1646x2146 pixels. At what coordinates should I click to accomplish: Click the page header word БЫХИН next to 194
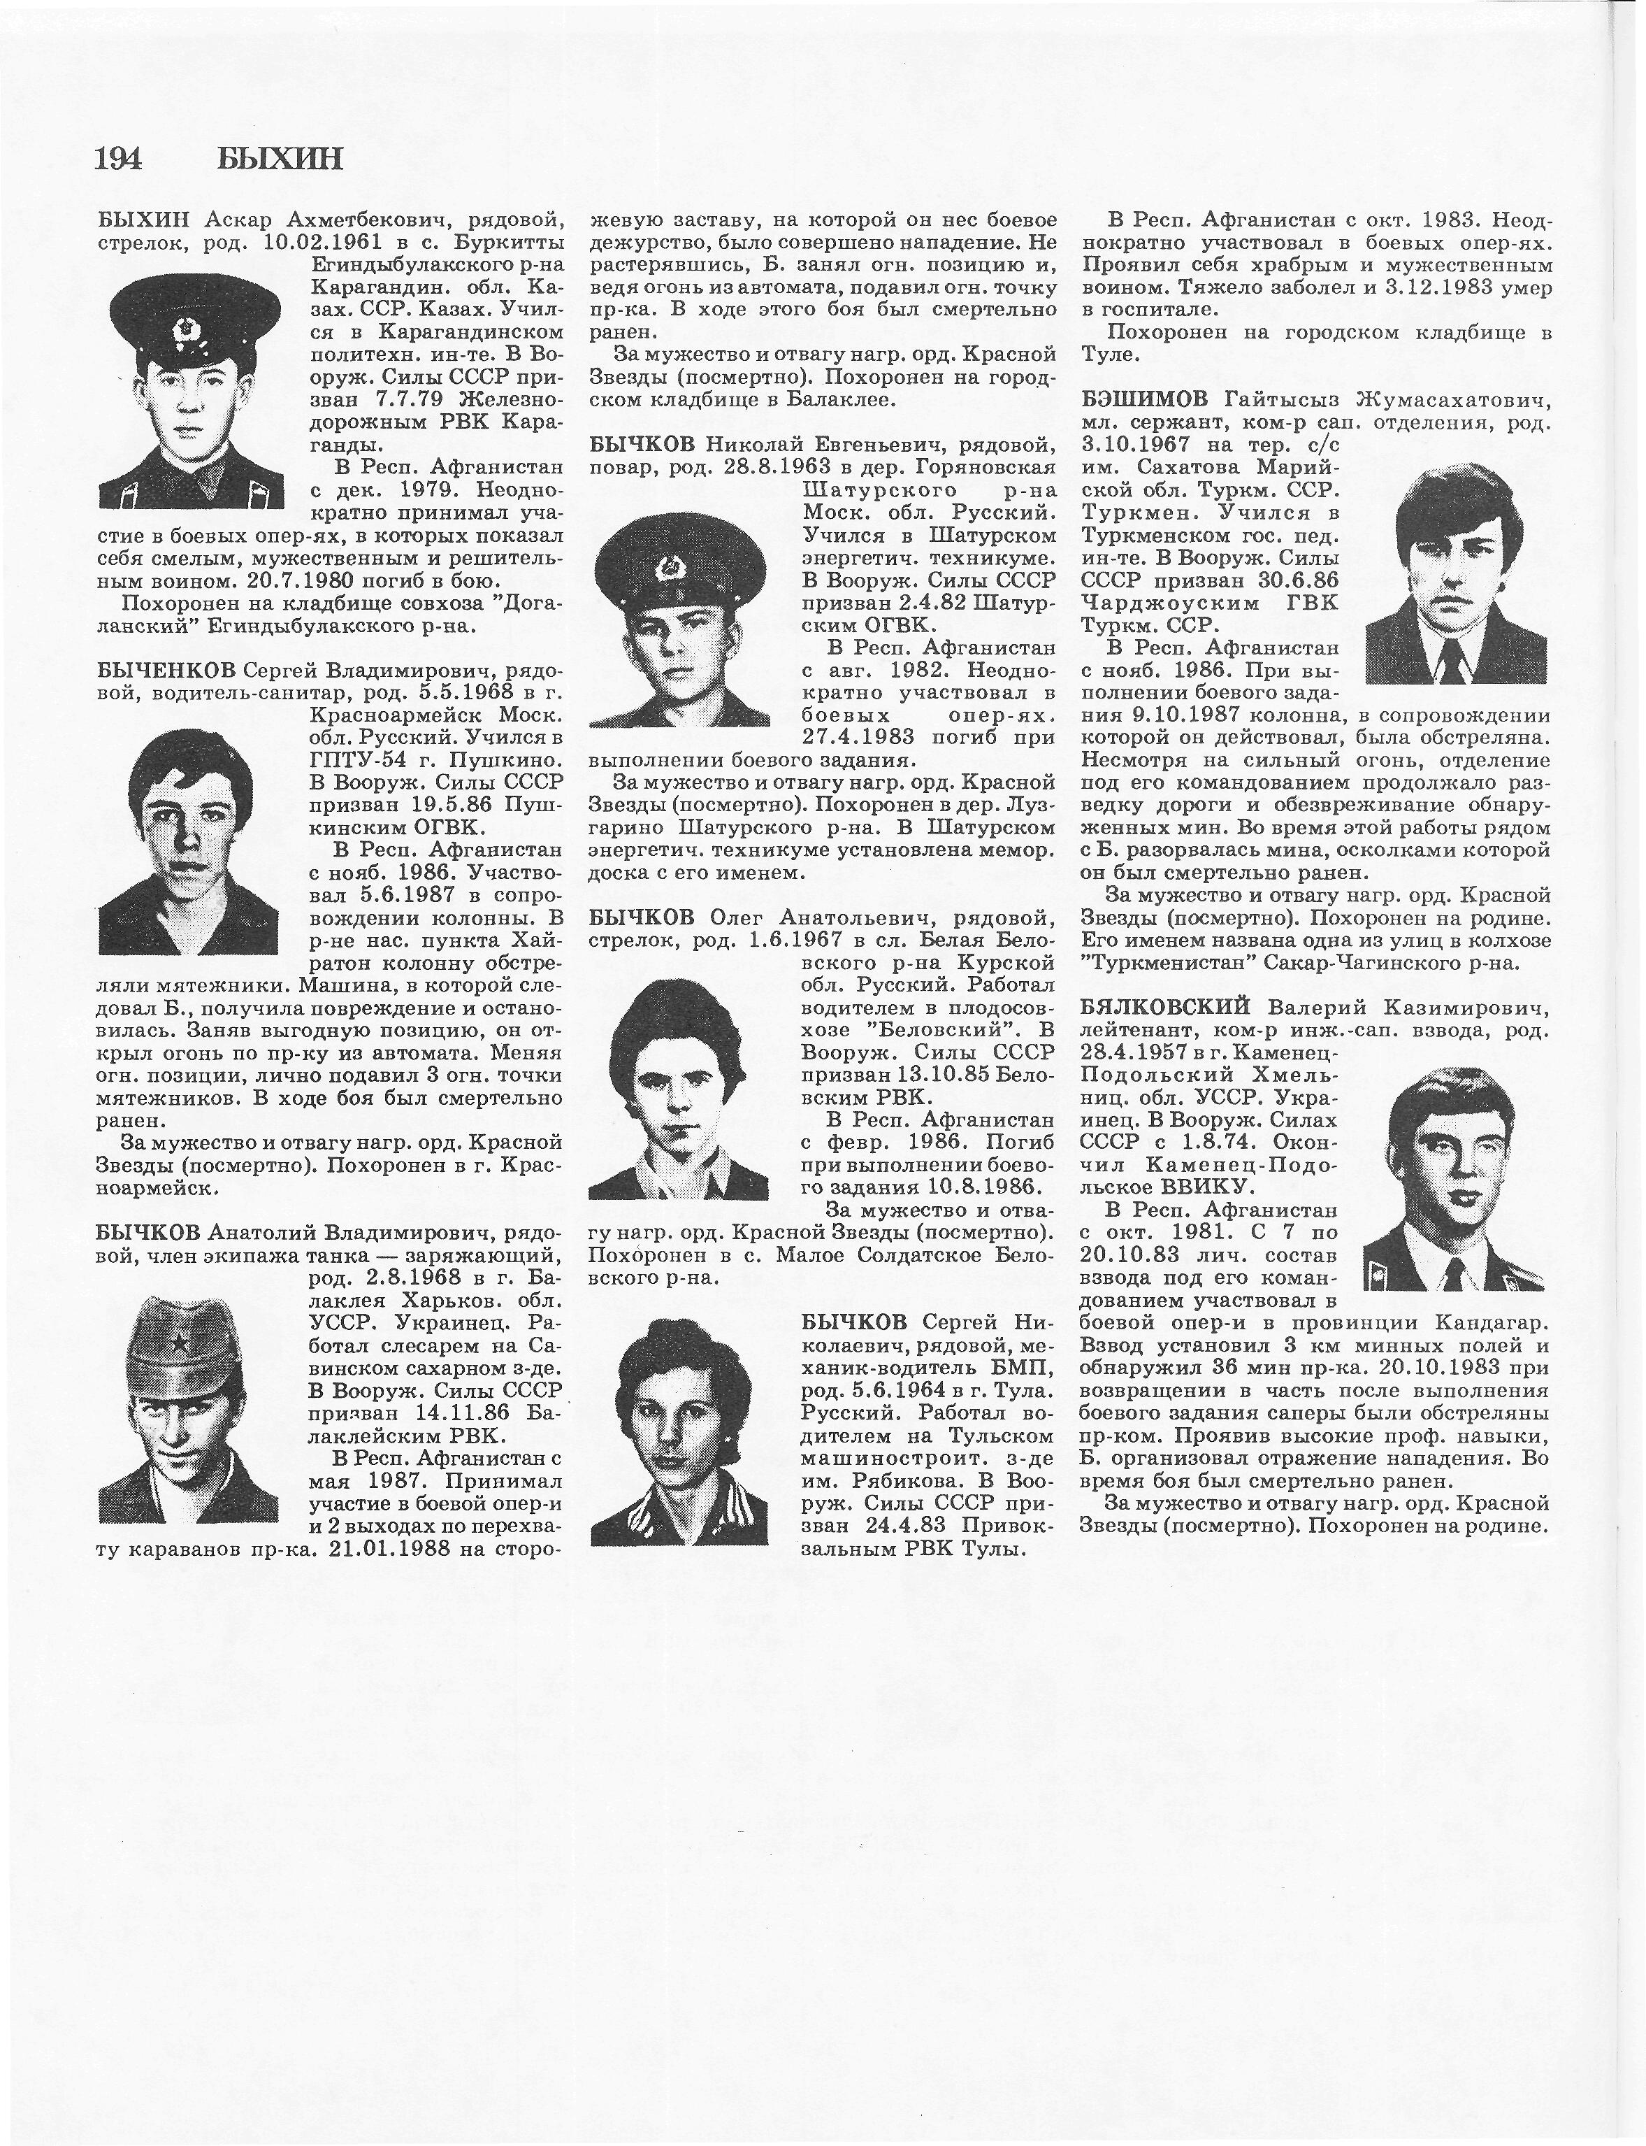[280, 157]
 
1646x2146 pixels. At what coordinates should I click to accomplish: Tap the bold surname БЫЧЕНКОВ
[166, 671]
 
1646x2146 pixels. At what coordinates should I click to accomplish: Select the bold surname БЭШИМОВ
[1146, 400]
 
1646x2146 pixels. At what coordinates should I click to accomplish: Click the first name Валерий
[1307, 1006]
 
